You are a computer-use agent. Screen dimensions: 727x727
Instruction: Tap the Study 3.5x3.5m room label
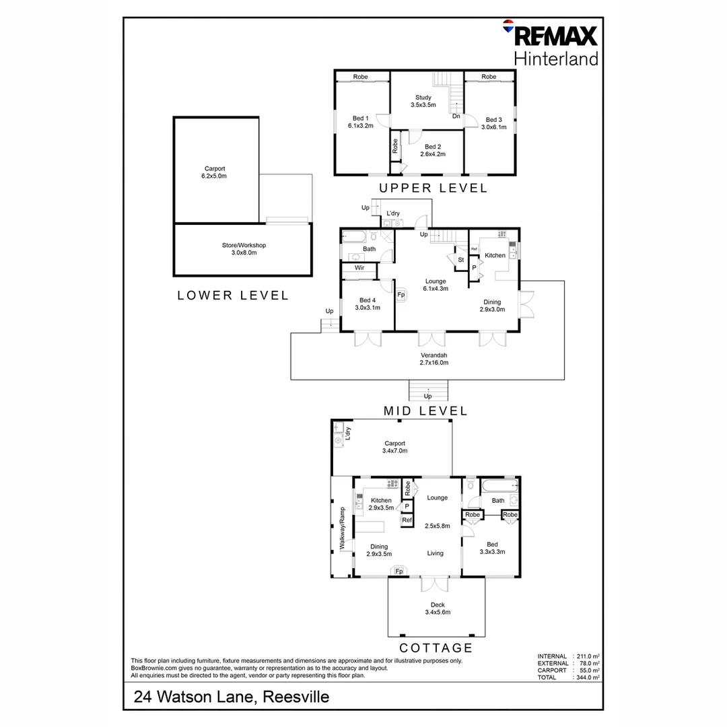pyautogui.click(x=423, y=101)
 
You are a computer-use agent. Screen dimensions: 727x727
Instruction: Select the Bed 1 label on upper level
pyautogui.click(x=360, y=122)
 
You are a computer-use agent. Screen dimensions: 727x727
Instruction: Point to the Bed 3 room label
pyautogui.click(x=494, y=123)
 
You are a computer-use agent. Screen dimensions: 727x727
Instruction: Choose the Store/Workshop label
pyautogui.click(x=243, y=248)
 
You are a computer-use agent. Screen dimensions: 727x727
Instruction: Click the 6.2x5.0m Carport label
pyautogui.click(x=215, y=172)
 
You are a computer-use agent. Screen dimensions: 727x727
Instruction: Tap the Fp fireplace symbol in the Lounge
pyautogui.click(x=401, y=294)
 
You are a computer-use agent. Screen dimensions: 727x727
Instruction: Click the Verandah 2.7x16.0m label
pyautogui.click(x=434, y=358)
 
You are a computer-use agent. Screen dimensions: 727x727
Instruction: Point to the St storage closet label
pyautogui.click(x=461, y=259)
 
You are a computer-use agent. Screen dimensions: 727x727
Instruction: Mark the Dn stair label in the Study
pyautogui.click(x=456, y=116)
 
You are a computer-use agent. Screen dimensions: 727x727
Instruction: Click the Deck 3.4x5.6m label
pyautogui.click(x=437, y=608)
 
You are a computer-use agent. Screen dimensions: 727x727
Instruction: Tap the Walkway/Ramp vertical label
pyautogui.click(x=342, y=528)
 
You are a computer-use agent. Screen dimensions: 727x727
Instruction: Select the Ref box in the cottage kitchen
pyautogui.click(x=407, y=520)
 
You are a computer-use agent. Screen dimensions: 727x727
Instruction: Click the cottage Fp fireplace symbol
pyautogui.click(x=399, y=572)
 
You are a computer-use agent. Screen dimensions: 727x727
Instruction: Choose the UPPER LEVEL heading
pyautogui.click(x=433, y=188)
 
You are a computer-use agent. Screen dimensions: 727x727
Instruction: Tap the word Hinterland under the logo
pyautogui.click(x=556, y=59)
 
